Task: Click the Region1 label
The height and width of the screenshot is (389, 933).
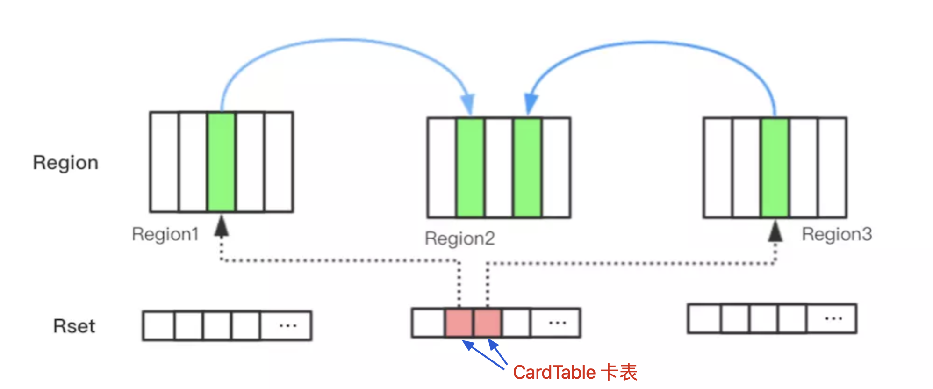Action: click(165, 234)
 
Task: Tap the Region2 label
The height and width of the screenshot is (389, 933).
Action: click(459, 238)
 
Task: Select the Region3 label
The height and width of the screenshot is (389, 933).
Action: click(837, 234)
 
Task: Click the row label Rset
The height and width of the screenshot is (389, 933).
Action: click(74, 326)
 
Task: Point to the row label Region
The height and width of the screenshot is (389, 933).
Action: click(65, 163)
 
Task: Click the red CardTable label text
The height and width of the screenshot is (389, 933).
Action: click(575, 373)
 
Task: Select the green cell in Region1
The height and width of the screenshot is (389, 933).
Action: click(221, 162)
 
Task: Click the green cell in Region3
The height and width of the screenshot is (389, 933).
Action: click(775, 167)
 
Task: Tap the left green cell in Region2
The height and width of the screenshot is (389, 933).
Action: click(470, 167)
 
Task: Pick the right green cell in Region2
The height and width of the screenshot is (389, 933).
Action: click(527, 167)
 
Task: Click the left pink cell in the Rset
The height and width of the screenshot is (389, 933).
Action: click(459, 323)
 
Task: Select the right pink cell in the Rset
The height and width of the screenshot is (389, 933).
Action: click(487, 323)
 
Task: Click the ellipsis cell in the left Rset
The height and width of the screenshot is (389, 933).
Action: click(286, 325)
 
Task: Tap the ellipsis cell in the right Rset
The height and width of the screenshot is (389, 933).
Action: click(833, 319)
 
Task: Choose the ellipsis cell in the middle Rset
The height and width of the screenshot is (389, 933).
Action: click(556, 323)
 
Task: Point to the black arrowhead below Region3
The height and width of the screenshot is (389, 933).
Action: click(775, 231)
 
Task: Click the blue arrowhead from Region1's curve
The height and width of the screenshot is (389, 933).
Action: click(468, 104)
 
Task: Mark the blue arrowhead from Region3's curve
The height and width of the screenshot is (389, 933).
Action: click(531, 103)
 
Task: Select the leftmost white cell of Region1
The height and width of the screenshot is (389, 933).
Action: click(165, 162)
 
